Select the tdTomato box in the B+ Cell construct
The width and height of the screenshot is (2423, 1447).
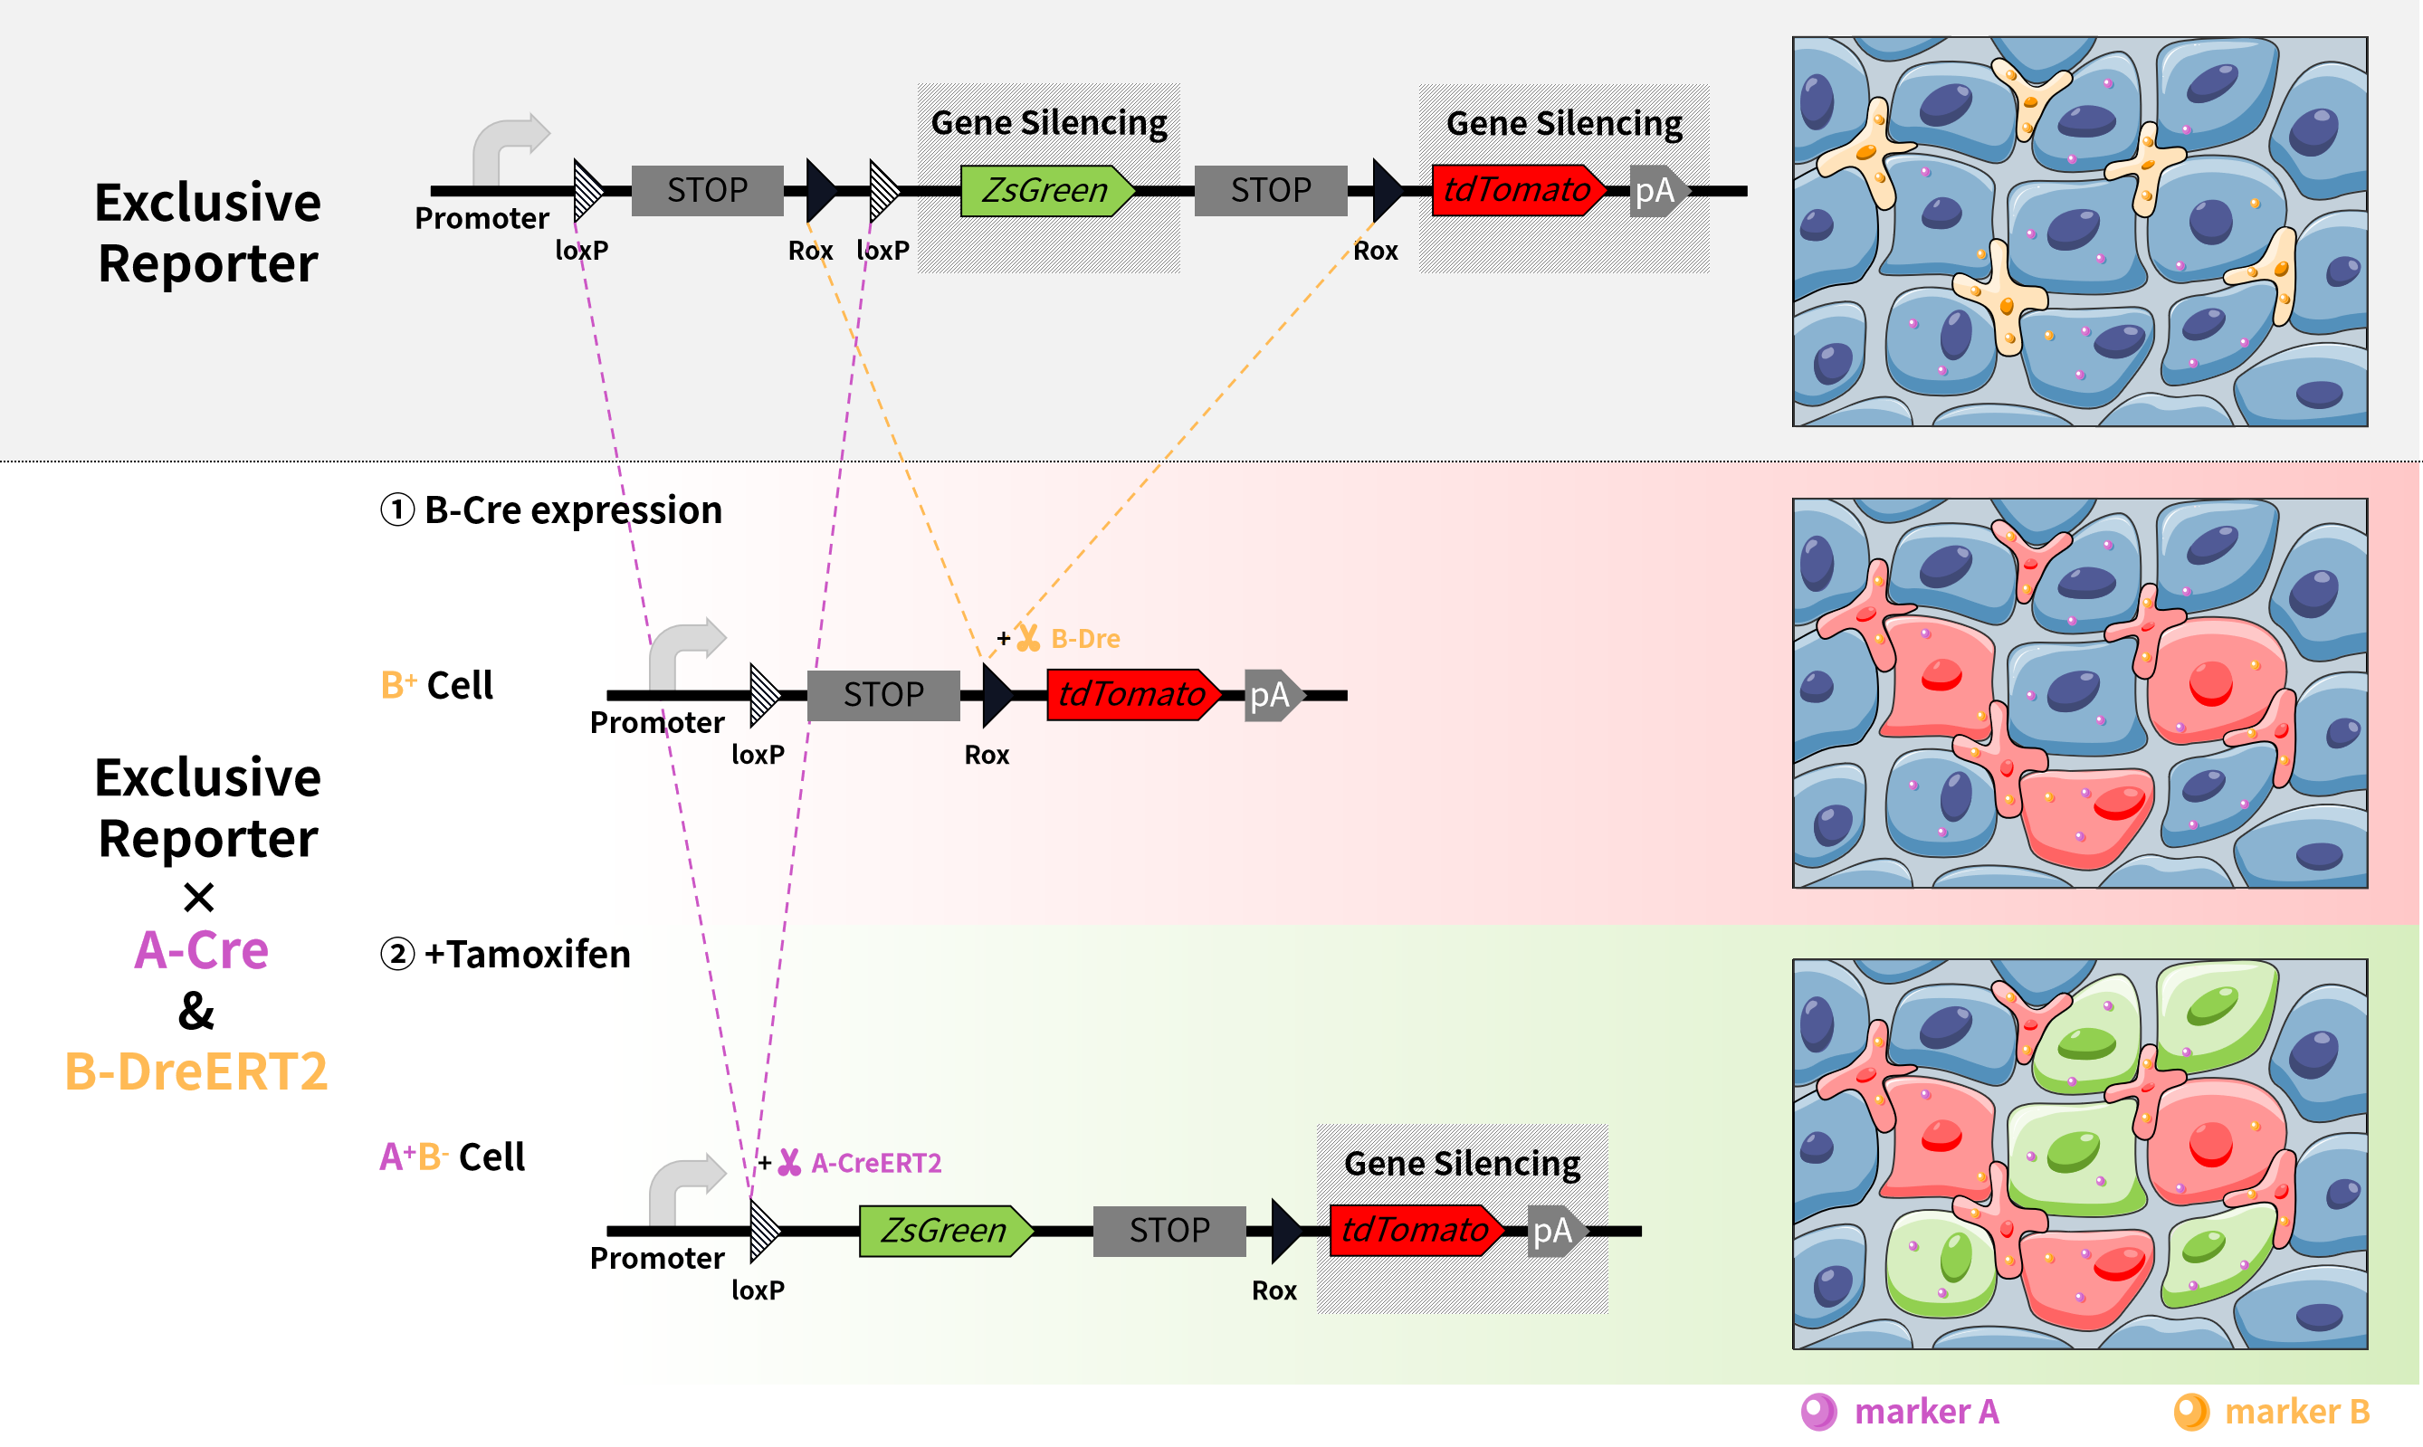tap(1132, 694)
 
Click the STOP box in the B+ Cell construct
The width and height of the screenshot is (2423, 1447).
tap(883, 695)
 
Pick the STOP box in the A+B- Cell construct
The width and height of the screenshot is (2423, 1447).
tap(1169, 1231)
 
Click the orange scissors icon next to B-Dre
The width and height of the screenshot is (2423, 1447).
tap(1027, 639)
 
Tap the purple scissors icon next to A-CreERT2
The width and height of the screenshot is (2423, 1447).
tap(789, 1162)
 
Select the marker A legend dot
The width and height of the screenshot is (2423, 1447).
tap(1817, 1411)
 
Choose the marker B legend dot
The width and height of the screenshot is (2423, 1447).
tap(2191, 1411)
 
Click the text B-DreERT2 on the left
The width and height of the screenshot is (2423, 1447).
tap(196, 1071)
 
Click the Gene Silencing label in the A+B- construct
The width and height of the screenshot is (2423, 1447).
tap(1462, 1163)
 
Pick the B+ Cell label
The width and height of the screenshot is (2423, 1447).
tap(437, 685)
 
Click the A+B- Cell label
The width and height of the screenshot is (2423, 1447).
tap(453, 1157)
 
